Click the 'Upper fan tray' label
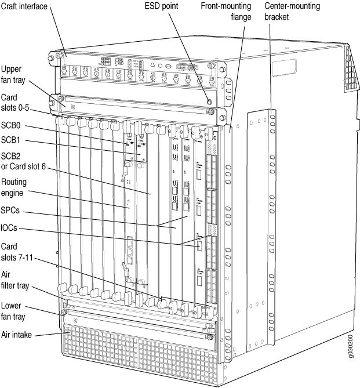12,74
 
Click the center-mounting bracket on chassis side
269,232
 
